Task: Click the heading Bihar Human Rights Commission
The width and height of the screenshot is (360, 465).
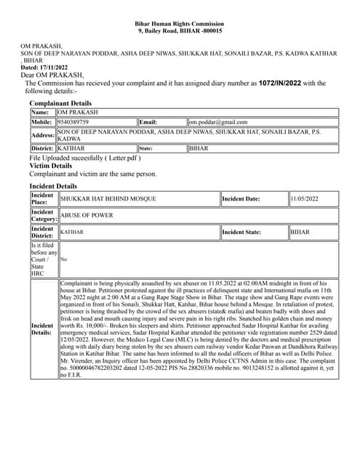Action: (180, 24)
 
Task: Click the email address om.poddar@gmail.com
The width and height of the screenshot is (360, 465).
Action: (218, 123)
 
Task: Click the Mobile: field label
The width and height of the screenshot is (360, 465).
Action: (42, 123)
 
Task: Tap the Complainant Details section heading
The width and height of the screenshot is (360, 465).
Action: (60, 104)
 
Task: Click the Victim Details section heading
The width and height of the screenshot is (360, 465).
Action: (50, 166)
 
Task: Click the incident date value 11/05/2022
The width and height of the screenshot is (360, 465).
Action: (305, 198)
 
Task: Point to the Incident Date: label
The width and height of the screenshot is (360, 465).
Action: (241, 198)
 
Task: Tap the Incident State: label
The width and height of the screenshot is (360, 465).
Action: (241, 232)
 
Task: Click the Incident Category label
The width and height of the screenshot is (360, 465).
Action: (42, 215)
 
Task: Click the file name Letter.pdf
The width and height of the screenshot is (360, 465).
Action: (122, 157)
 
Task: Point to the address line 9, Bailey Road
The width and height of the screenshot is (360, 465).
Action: (180, 32)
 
